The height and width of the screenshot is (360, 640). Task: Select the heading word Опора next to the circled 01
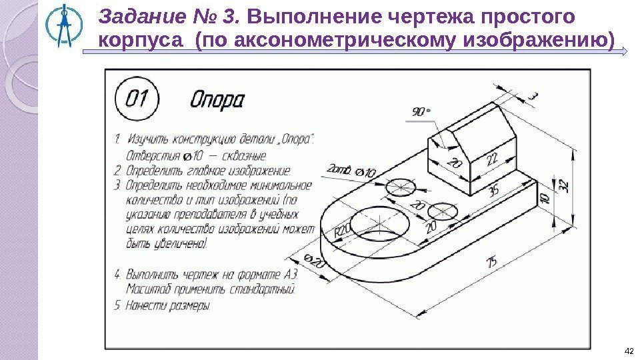pos(218,101)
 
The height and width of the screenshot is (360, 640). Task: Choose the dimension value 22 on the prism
pos(492,160)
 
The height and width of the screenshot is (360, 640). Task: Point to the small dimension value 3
pos(533,98)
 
